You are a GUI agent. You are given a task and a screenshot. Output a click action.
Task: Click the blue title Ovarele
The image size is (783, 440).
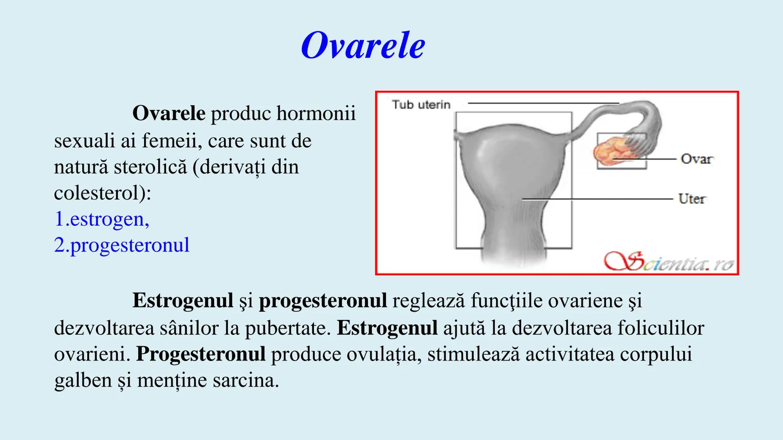point(363,46)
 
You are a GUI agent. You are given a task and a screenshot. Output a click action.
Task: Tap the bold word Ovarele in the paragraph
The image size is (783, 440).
point(168,113)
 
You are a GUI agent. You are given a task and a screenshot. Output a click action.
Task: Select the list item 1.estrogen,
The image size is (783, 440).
point(102,219)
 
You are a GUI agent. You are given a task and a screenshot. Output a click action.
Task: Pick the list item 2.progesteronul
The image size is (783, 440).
point(122,245)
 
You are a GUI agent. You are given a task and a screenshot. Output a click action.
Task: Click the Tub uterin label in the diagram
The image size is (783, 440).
point(421,105)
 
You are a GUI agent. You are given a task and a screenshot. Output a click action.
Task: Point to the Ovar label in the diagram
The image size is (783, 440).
point(696,159)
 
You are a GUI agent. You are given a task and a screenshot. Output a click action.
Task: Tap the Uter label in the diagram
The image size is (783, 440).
point(692,199)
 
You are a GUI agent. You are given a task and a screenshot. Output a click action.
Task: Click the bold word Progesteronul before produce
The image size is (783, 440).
point(201,354)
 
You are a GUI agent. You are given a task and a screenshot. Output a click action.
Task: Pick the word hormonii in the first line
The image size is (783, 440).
point(316,113)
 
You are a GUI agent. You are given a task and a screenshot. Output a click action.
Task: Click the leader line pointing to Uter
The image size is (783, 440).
point(597,199)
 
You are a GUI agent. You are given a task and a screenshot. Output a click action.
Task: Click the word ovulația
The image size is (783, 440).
point(384,354)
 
